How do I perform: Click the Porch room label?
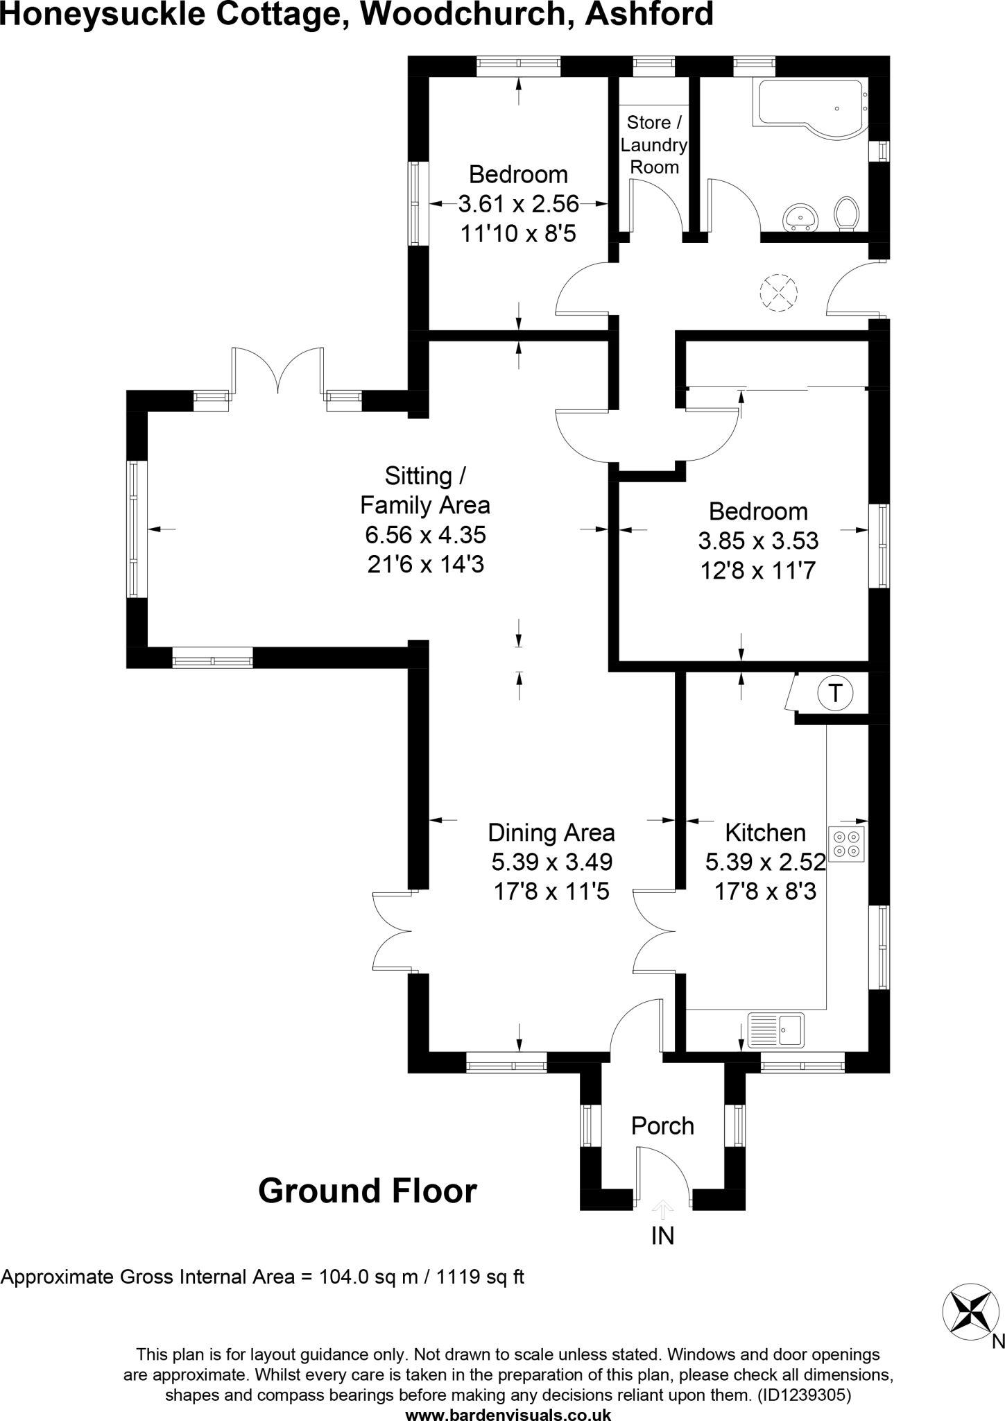pyautogui.click(x=662, y=1125)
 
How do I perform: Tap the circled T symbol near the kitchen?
pyautogui.click(x=835, y=693)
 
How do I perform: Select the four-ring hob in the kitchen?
pyautogui.click(x=846, y=844)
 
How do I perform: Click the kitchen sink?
pyautogui.click(x=776, y=1030)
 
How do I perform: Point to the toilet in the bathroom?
pyautogui.click(x=846, y=212)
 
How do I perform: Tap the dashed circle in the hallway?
pyautogui.click(x=778, y=292)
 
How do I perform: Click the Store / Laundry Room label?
pyautogui.click(x=653, y=145)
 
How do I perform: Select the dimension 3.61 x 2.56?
pyautogui.click(x=518, y=204)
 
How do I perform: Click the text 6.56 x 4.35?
pyautogui.click(x=425, y=535)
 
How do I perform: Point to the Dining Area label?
pyautogui.click(x=551, y=833)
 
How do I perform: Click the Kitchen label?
pyautogui.click(x=765, y=833)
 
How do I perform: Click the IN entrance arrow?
pyautogui.click(x=662, y=1211)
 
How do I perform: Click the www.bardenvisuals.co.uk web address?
pyautogui.click(x=508, y=1413)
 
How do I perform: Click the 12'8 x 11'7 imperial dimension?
pyautogui.click(x=758, y=571)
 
